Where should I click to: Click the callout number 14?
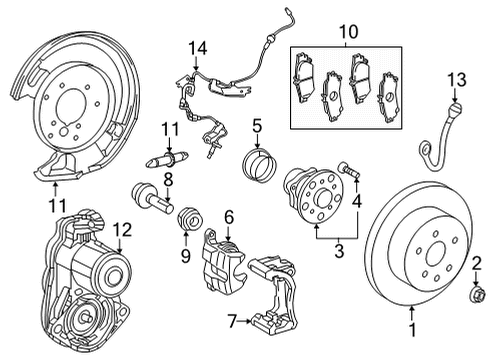[198, 48]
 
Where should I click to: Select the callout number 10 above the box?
[349, 32]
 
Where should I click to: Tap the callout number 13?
[457, 80]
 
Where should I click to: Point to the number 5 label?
[257, 126]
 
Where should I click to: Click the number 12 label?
[122, 230]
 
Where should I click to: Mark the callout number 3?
[339, 251]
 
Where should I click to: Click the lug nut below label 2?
[475, 293]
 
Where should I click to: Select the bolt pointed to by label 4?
[349, 169]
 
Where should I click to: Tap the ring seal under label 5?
[259, 165]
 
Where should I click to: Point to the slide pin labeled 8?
[152, 197]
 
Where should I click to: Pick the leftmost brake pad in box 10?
[304, 76]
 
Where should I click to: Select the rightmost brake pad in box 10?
[389, 97]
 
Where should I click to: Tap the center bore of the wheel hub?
[322, 199]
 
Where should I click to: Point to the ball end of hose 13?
[455, 109]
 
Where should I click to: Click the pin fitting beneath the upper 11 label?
[168, 159]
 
